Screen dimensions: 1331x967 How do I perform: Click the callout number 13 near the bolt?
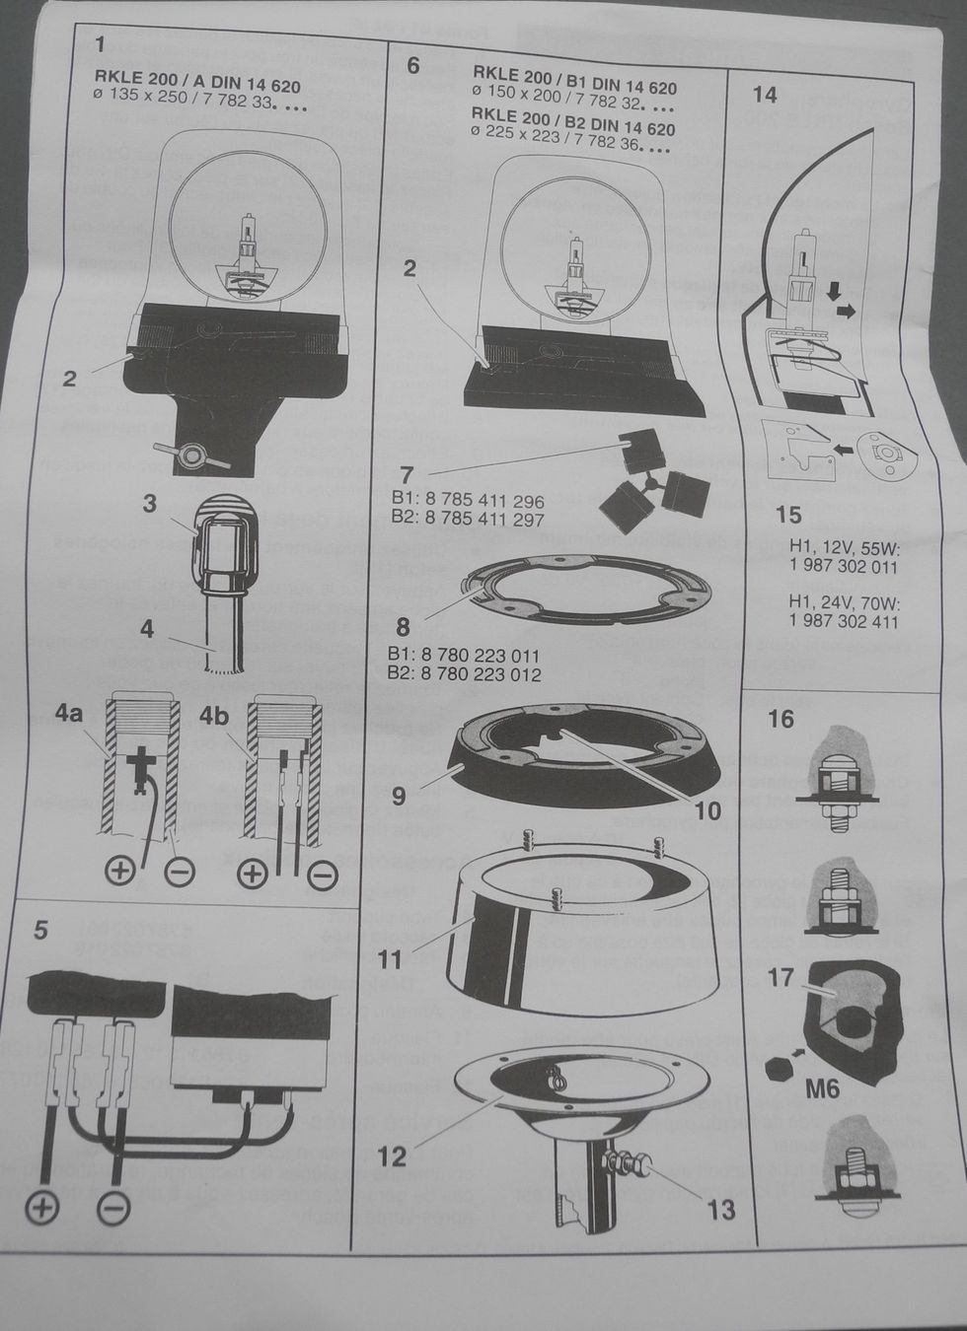[720, 1209]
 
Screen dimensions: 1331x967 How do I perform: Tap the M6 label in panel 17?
[821, 1089]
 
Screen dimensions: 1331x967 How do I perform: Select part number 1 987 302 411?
[844, 621]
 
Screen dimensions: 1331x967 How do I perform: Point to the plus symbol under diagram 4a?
[119, 871]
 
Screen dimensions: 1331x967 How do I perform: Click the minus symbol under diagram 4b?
[323, 875]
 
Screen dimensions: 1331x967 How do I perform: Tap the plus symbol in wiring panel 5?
[41, 1208]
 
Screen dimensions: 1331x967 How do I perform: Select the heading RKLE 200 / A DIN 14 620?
[197, 87]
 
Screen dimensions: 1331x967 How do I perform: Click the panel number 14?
[765, 95]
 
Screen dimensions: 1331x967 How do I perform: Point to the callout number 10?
[707, 810]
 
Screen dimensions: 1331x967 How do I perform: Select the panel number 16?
[781, 719]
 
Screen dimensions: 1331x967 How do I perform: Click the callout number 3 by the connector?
[149, 504]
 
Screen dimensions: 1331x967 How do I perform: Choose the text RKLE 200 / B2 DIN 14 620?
[574, 128]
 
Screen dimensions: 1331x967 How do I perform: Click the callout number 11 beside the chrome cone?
[391, 957]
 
